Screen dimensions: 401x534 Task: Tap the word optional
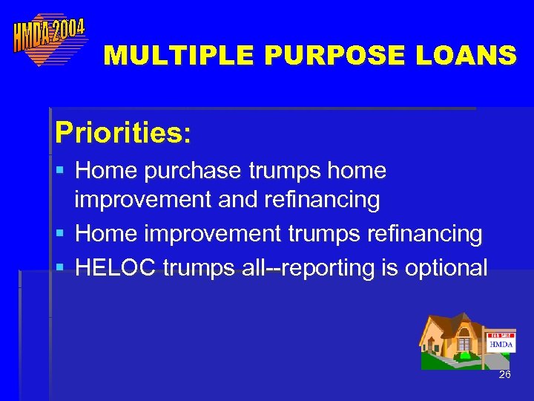(x=446, y=267)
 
